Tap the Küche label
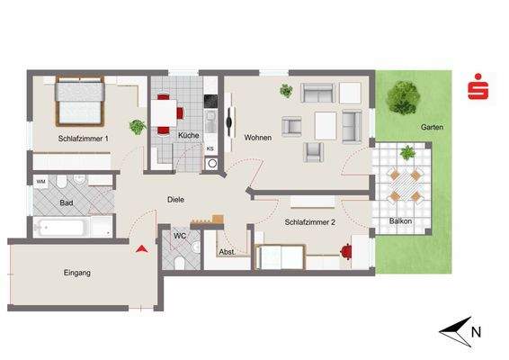click(189, 136)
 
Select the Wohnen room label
click(257, 138)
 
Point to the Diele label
click(175, 200)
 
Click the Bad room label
click(66, 203)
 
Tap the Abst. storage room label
click(228, 253)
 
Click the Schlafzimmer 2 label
click(311, 221)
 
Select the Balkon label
click(400, 221)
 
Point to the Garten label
click(432, 128)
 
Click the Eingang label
click(76, 273)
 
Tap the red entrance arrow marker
click(141, 249)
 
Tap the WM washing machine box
click(41, 182)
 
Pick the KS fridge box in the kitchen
click(210, 148)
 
